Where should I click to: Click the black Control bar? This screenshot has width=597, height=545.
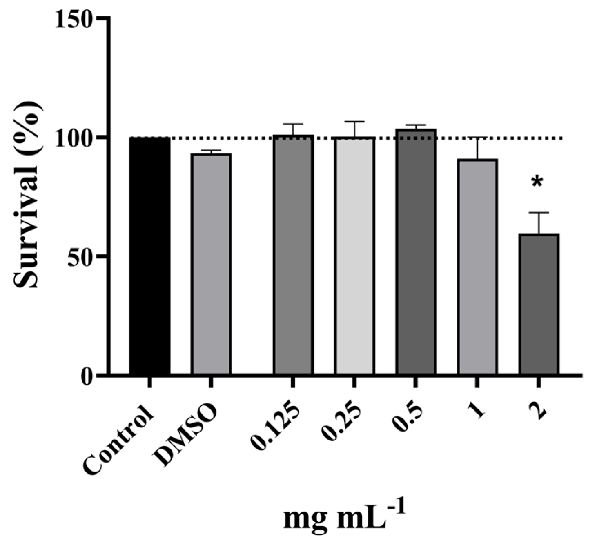[x=149, y=256]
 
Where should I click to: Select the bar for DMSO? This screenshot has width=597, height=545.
[x=211, y=264]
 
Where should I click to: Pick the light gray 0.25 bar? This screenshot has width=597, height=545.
[x=354, y=256]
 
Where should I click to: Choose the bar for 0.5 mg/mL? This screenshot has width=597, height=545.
[x=415, y=251]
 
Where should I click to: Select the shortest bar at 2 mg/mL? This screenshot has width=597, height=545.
[x=539, y=304]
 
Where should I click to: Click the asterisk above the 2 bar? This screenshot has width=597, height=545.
[x=537, y=182]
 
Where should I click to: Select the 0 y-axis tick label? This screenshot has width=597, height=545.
[x=86, y=375]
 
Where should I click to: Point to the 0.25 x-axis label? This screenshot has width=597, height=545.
[x=342, y=423]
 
